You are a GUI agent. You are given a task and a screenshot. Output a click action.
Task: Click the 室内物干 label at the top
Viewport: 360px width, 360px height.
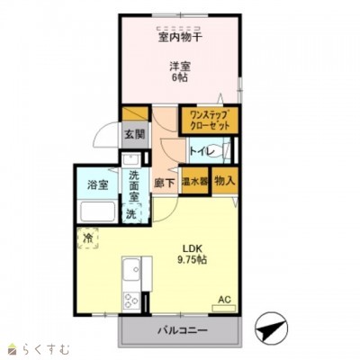[x=181, y=37]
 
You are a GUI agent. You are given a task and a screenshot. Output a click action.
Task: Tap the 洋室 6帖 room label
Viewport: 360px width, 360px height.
[x=179, y=72]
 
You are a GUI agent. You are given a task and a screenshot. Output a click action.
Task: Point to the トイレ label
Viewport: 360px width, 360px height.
[x=202, y=152]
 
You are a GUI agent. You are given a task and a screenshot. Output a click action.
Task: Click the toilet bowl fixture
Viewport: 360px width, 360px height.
[x=225, y=151]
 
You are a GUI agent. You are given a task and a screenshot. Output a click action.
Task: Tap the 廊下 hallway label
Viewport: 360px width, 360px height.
[x=164, y=181]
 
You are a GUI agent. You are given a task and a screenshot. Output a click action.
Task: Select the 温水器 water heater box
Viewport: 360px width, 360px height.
[x=194, y=181]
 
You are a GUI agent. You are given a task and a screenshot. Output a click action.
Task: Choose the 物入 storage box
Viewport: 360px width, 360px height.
[x=225, y=181]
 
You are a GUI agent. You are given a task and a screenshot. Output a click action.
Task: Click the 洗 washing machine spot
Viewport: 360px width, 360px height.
[x=131, y=214]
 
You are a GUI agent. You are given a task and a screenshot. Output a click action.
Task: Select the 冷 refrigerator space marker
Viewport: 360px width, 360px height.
[x=88, y=238]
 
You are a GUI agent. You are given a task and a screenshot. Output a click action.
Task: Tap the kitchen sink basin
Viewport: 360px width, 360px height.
[x=131, y=267]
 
